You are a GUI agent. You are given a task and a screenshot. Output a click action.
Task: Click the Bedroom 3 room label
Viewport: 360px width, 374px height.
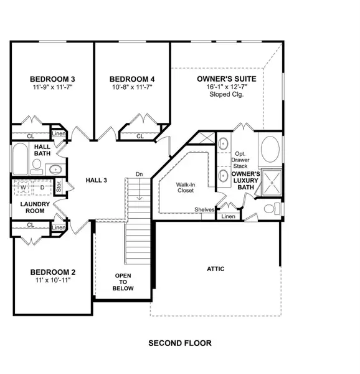click(53, 79)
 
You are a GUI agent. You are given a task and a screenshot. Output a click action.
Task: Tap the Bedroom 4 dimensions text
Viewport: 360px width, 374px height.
click(131, 88)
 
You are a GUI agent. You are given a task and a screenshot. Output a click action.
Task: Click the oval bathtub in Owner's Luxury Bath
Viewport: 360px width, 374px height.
click(269, 150)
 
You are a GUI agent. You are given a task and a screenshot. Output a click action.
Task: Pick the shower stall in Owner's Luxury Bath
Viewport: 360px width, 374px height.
click(272, 184)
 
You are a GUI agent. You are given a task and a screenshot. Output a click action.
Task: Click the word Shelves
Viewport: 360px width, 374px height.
click(204, 209)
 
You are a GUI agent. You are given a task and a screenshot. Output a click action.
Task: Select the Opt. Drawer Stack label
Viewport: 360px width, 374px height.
click(240, 160)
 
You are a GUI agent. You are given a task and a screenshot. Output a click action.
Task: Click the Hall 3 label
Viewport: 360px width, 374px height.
click(97, 180)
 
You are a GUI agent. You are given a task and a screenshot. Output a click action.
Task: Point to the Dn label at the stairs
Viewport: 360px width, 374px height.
click(140, 174)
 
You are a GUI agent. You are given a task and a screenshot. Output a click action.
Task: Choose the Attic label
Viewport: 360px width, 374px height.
click(216, 269)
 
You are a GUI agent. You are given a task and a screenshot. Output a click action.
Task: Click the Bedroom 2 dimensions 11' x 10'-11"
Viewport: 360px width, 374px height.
click(53, 281)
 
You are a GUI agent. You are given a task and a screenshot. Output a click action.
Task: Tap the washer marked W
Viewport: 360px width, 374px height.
click(24, 186)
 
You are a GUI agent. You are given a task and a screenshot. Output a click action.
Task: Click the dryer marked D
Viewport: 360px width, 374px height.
click(42, 186)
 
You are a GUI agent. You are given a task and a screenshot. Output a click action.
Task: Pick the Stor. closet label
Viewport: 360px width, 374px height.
click(59, 185)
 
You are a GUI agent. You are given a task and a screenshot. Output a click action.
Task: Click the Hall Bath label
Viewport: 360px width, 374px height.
click(42, 150)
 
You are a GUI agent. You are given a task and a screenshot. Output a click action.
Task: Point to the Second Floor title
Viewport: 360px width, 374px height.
click(180, 343)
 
